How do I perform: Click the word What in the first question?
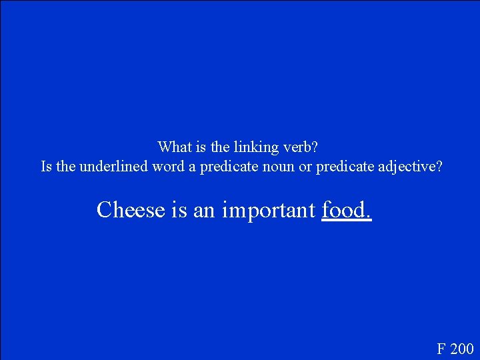pos(172,146)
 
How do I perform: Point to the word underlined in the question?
pos(113,166)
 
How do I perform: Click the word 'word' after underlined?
pos(167,166)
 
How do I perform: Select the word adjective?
pos(407,166)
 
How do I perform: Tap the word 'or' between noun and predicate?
pos(305,166)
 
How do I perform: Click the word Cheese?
pos(131,209)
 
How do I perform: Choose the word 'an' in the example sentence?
pos(205,209)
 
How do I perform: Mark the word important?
pos(269,209)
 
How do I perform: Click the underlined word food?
pos(345,209)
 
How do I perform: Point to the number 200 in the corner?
pos(461,348)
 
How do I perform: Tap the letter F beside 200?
pos(441,348)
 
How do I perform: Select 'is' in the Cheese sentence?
pos(179,209)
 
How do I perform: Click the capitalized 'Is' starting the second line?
pos(47,166)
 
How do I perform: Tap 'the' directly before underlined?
pos(66,166)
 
